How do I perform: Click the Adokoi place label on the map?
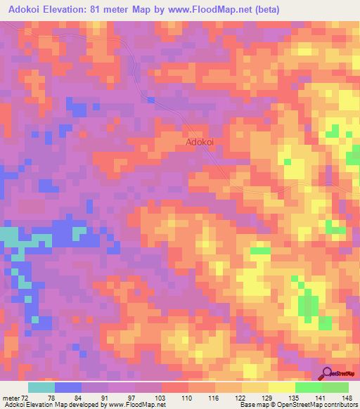[x=200, y=141]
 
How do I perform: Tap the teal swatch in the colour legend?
[x=41, y=387]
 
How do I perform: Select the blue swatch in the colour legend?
[x=68, y=387]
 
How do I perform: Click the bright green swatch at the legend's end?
[x=335, y=387]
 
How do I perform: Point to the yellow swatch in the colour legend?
[x=281, y=387]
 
